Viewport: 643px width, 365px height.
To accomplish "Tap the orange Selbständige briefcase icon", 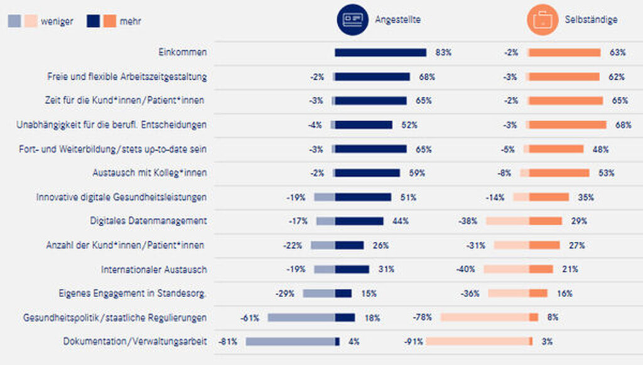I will tap(541, 19).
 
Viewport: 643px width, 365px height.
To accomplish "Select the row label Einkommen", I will tap(183, 53).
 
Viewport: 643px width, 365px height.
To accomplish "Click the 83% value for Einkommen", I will tap(443, 53).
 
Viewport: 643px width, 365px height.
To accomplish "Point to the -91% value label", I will tap(415, 342).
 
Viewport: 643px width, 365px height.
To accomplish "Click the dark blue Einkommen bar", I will tap(381, 53).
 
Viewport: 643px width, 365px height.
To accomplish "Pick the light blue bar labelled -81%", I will tap(291, 341).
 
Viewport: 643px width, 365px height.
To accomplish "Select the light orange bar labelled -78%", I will tap(485, 317).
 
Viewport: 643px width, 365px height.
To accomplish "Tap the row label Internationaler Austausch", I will tap(154, 270).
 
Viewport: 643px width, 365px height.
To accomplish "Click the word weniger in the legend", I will tap(57, 21).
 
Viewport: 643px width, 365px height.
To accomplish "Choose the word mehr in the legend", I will tap(130, 21).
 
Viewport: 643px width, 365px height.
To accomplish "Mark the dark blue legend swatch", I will tap(94, 21).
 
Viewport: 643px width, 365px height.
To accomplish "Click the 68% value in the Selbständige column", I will tap(623, 125).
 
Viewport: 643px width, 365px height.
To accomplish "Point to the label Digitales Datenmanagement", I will tap(149, 221).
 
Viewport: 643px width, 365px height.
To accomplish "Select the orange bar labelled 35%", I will tap(549, 197).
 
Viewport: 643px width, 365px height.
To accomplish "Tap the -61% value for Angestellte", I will tap(250, 318).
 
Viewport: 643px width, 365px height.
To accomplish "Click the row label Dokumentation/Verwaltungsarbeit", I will tap(135, 342).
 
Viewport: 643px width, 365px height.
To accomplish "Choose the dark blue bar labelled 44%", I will tap(359, 221).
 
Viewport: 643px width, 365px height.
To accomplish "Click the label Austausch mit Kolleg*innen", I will tap(149, 173).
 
